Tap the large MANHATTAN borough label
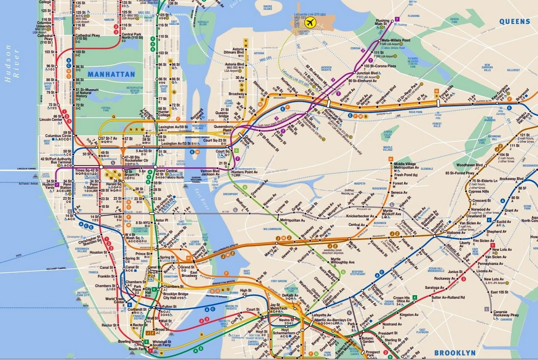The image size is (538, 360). [x=111, y=74]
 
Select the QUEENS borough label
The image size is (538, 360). [x=514, y=21]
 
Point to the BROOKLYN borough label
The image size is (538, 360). [x=455, y=353]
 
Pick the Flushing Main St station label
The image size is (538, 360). [x=382, y=22]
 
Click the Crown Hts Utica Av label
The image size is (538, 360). [x=401, y=300]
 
